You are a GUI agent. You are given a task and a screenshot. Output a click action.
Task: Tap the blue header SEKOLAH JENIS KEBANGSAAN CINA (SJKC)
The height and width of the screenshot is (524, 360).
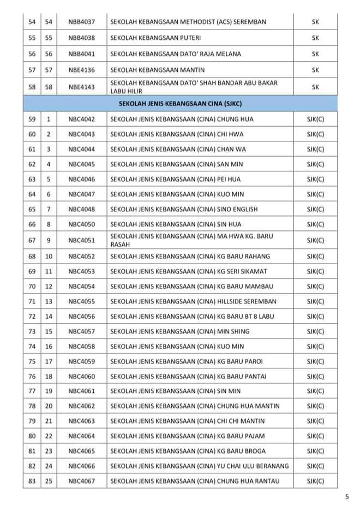click(x=180, y=103)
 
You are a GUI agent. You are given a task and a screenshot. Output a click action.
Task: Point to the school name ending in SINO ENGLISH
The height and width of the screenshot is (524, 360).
click(x=184, y=209)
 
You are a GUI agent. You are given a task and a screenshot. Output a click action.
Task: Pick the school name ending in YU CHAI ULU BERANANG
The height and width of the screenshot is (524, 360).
click(x=199, y=466)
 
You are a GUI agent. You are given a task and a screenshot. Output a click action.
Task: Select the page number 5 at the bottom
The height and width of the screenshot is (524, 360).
click(x=347, y=496)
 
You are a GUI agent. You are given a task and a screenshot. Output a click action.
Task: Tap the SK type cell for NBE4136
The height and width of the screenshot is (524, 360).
click(x=315, y=70)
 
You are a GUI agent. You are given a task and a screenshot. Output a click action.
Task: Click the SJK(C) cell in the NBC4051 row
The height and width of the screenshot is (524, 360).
click(x=315, y=240)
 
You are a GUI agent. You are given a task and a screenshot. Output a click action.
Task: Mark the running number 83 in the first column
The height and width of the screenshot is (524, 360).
click(x=32, y=481)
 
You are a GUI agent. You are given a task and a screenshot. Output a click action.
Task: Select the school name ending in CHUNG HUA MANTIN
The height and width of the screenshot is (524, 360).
click(x=195, y=406)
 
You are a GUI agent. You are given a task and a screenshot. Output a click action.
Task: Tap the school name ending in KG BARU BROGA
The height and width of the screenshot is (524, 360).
click(x=189, y=451)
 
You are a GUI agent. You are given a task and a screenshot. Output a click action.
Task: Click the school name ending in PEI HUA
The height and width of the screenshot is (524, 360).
click(x=175, y=179)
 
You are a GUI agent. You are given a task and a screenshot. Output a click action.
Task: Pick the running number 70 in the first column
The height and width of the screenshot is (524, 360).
click(x=32, y=286)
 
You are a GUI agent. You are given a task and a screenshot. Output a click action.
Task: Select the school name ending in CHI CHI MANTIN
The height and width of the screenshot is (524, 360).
click(x=191, y=421)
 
